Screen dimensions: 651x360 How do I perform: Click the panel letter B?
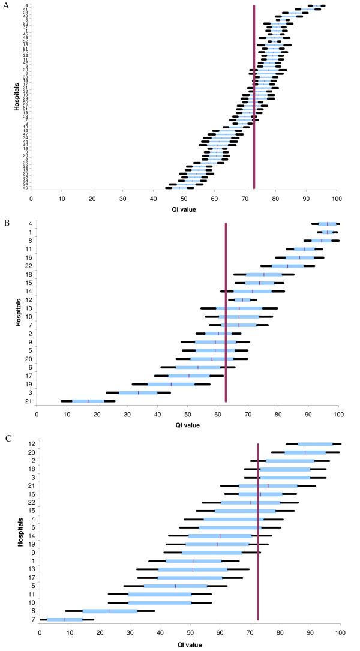click(6, 223)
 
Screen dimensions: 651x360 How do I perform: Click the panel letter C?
click(6, 439)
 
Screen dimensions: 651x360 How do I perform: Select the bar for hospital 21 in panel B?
click(88, 401)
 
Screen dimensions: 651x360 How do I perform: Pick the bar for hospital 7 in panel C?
click(65, 619)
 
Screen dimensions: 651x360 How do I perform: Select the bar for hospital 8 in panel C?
click(110, 611)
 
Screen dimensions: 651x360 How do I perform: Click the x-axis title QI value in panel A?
click(184, 209)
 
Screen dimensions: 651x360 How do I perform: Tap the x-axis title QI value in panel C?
click(190, 644)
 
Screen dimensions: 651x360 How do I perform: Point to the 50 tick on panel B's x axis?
click(188, 413)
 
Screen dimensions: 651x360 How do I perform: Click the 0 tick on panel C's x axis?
click(40, 632)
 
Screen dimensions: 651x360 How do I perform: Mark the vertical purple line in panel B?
click(226, 312)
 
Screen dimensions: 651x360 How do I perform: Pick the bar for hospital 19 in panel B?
click(171, 384)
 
